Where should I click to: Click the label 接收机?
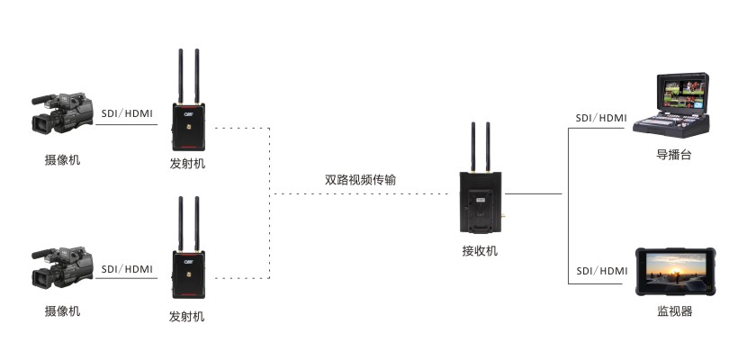(x=480, y=251)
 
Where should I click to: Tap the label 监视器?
(x=674, y=312)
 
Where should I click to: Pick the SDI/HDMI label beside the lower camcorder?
(x=127, y=268)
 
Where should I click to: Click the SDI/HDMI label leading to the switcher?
(x=601, y=118)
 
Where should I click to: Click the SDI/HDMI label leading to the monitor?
(x=601, y=271)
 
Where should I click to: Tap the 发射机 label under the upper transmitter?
(x=187, y=164)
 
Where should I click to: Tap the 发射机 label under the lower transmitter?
(x=187, y=317)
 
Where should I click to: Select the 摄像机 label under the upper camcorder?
(x=62, y=160)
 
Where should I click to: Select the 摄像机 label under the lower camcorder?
(x=62, y=311)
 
